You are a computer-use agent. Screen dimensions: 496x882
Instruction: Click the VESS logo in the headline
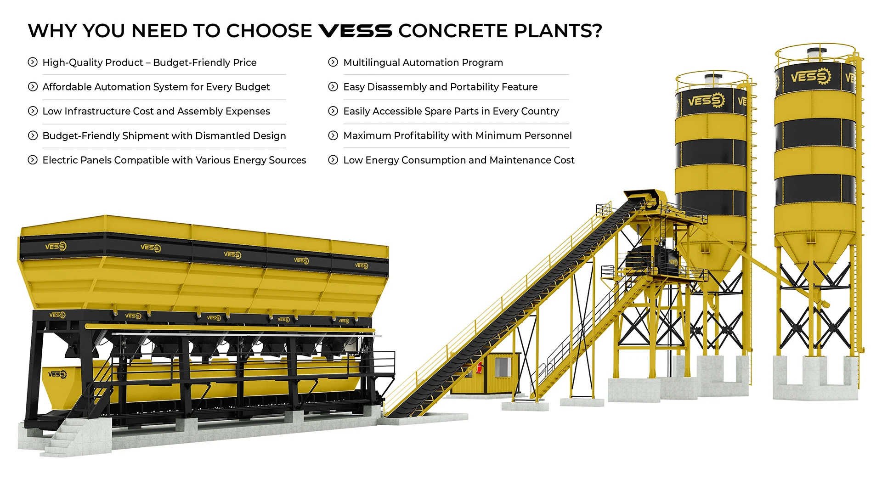355,31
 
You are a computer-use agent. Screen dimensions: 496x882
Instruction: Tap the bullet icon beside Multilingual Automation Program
333,62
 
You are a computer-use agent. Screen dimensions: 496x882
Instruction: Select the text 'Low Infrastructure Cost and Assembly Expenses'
156,111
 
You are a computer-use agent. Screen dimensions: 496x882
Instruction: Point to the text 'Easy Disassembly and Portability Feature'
440,87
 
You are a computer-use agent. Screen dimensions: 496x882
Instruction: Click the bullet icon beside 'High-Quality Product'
33,62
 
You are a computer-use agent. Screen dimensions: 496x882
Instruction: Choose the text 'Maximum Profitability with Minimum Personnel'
457,135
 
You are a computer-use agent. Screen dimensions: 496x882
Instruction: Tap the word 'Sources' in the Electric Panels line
288,160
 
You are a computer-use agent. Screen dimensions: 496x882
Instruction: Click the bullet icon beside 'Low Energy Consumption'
333,160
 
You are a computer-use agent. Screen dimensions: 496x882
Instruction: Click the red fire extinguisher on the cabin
480,367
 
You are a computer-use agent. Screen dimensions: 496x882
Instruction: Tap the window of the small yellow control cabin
502,367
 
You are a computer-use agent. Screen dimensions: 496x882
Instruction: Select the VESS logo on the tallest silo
810,76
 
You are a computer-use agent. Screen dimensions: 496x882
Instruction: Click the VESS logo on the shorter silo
706,100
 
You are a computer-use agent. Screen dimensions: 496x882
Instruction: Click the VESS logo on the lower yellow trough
57,374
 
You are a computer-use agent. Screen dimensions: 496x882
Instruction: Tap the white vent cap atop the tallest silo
817,53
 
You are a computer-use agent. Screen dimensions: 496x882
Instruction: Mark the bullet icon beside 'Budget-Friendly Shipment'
33,135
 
